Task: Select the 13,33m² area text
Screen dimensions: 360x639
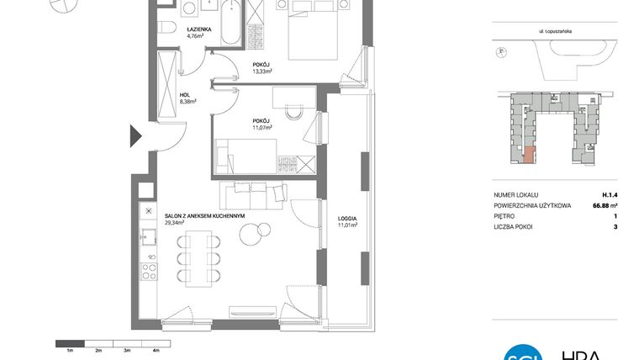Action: click(x=261, y=71)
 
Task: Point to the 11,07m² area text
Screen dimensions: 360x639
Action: click(x=261, y=128)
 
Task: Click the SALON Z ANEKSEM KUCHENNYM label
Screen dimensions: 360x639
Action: click(x=204, y=215)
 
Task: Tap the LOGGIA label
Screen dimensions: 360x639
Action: click(x=347, y=218)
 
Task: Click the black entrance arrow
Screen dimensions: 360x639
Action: click(x=135, y=135)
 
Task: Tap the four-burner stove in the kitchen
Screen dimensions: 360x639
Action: click(x=149, y=271)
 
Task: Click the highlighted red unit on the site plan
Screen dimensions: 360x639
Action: click(x=528, y=154)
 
